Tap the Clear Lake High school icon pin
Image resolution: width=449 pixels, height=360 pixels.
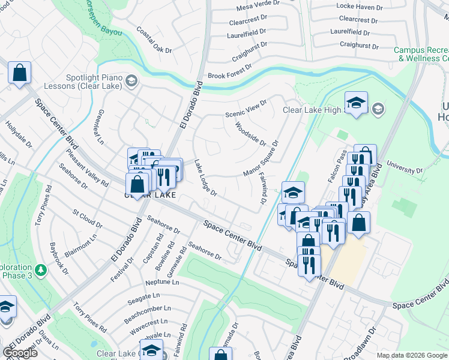coord(356,103)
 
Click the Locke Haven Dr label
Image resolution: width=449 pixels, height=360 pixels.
coord(360,8)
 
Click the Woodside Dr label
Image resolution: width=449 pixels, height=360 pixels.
coord(250,133)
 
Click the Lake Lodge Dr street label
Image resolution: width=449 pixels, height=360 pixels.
coord(205,178)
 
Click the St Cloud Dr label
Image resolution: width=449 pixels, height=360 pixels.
coord(87,218)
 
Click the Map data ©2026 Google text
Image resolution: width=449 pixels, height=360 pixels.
coord(412,355)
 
